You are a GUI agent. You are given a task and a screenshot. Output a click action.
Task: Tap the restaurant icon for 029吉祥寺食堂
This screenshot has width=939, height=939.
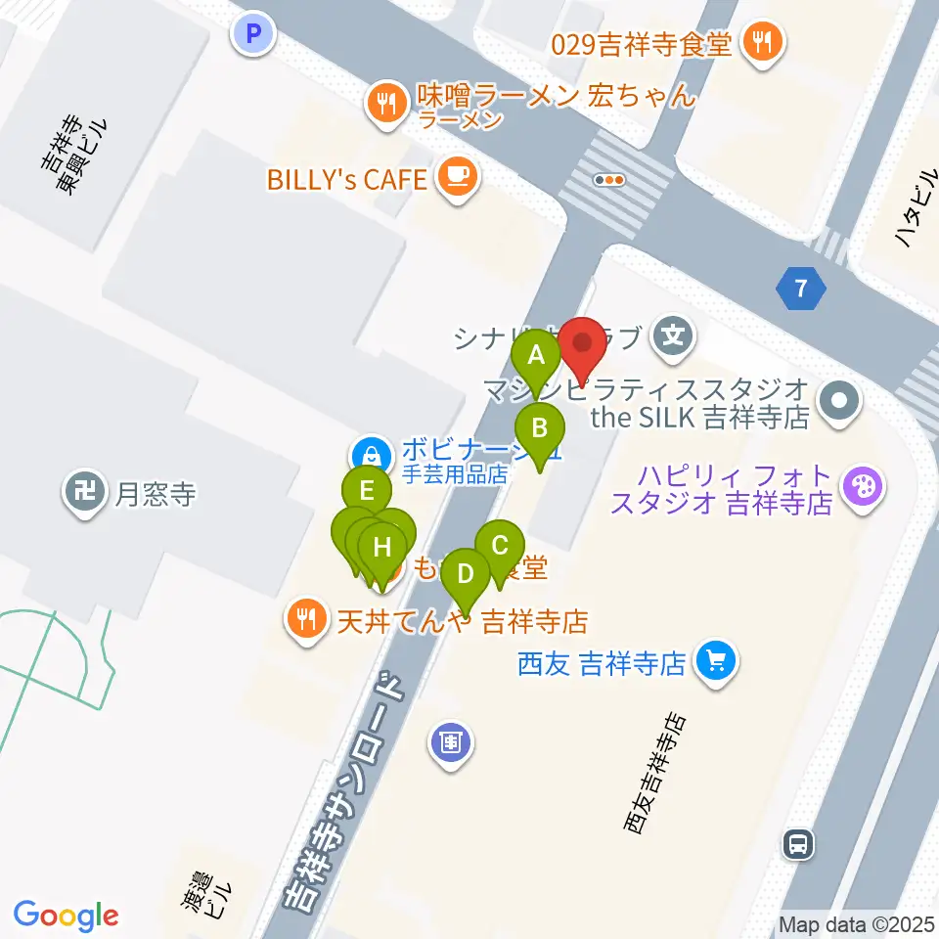760,42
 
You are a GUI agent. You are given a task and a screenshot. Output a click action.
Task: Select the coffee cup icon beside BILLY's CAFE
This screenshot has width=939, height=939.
456,177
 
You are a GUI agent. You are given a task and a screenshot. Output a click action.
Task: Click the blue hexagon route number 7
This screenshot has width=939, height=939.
802,289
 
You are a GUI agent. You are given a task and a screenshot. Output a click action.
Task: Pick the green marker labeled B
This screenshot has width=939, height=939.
539,427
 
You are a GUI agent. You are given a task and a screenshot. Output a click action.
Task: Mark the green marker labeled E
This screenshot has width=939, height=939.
368,488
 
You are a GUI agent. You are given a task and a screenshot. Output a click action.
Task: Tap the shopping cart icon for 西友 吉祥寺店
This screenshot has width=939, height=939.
716,663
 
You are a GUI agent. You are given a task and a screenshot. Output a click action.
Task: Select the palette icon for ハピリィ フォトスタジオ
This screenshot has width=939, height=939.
863,485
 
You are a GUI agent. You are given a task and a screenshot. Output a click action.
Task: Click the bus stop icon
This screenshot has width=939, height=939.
799,843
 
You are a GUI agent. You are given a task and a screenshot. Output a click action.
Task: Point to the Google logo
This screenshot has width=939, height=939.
66,916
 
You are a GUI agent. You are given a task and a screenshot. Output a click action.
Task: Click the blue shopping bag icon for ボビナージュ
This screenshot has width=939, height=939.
372,454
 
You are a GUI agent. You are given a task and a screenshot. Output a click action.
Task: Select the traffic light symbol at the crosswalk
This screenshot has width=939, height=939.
610,179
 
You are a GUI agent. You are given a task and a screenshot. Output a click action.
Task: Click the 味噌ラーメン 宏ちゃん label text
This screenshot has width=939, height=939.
556,96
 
